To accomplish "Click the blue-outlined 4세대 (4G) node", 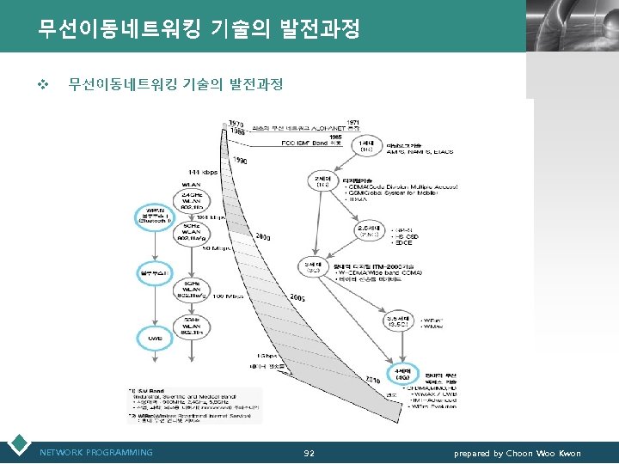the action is coord(401,373).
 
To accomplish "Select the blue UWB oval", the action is coord(156,338).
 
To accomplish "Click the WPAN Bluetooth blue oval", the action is coord(156,216).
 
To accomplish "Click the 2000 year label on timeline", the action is coord(263,236).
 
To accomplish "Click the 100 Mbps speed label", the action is coord(229,295).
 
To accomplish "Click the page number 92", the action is coord(309,453).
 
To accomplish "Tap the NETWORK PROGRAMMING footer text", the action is coord(96,453).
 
